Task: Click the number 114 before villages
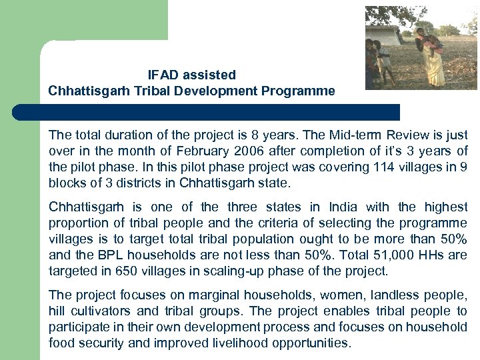(359, 167)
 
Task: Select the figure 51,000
(370, 255)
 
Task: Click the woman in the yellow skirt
(432, 57)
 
